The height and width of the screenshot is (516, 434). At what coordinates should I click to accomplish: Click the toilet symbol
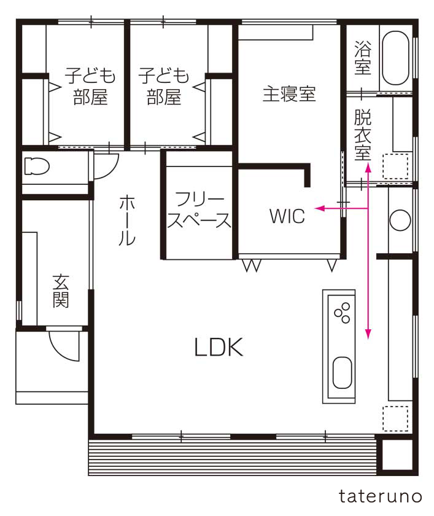pos(36,166)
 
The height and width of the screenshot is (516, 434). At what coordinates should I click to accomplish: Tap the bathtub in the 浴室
pos(395,58)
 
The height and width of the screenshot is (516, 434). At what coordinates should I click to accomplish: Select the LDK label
pos(219,347)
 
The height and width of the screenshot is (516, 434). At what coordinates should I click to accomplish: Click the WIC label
pos(287,216)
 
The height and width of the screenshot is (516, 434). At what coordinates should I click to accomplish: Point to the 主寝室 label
pos(289,94)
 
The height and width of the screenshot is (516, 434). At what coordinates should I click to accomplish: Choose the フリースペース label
pos(199,209)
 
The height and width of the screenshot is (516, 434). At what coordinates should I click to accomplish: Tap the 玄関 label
pos(61,291)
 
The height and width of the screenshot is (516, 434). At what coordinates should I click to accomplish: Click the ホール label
pos(127,220)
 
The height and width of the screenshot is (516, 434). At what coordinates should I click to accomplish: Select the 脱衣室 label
pos(363,135)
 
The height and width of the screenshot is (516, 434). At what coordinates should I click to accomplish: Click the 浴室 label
pos(363,58)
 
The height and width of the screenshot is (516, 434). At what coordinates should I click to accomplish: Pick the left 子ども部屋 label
pos(90,86)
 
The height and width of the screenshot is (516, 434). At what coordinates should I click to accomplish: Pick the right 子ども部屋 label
pos(164,86)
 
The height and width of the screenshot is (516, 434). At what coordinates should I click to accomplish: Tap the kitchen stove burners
pos(343,313)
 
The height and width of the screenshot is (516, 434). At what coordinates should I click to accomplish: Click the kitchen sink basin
pos(343,372)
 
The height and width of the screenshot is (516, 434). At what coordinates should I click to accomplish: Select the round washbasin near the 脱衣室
pos(400,220)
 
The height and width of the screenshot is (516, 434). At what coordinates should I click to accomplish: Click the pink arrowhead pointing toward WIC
pos(319,208)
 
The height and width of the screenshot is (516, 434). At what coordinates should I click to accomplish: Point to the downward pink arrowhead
pos(368,334)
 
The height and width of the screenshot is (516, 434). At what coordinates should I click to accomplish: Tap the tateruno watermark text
pos(380,496)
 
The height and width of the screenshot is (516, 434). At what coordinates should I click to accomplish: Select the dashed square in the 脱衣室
pos(395,166)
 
